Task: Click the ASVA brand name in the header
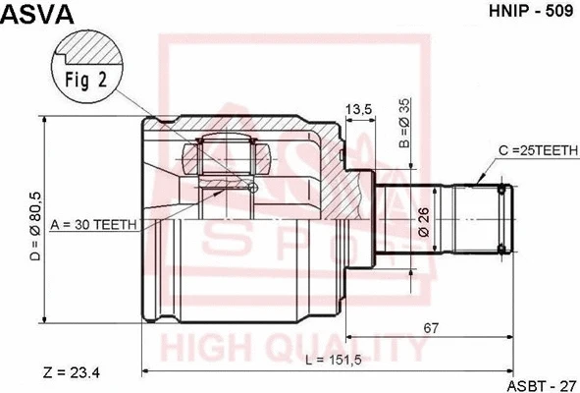tap(37, 14)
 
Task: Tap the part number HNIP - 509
tap(531, 11)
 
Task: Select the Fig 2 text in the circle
tap(86, 80)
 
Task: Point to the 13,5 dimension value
tap(358, 110)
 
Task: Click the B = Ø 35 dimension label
tap(405, 124)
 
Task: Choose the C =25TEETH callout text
tap(538, 150)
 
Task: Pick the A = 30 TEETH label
tap(93, 224)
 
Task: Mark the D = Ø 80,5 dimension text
tap(36, 226)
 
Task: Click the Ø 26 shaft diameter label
tap(424, 222)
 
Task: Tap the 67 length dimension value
tap(431, 328)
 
